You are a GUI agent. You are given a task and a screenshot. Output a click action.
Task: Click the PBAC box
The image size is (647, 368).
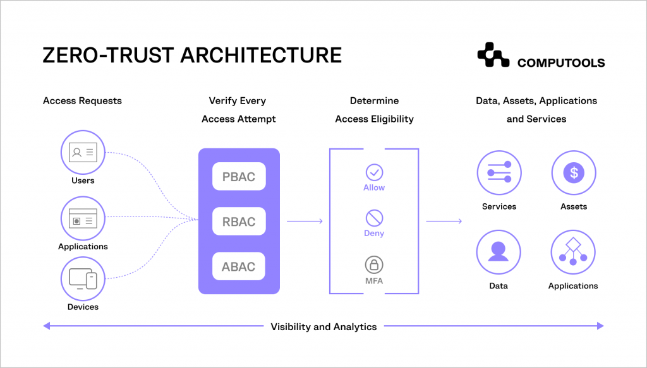pos(239,176)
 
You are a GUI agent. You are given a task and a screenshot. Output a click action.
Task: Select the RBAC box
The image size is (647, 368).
pos(239,222)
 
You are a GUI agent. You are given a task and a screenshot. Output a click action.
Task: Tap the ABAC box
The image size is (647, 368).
pos(239,266)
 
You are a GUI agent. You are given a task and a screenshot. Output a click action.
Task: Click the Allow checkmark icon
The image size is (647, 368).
pos(374,172)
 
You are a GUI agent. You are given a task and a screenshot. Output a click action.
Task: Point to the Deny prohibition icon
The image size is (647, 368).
pos(374,218)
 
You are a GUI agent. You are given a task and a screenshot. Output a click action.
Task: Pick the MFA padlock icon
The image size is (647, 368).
pos(374,264)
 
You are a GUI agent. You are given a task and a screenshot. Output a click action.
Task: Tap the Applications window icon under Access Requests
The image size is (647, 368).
pos(83,218)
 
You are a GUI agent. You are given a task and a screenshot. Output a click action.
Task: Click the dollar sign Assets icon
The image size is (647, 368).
pos(573,173)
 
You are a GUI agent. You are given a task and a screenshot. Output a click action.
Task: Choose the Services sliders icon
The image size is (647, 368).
pos(499,173)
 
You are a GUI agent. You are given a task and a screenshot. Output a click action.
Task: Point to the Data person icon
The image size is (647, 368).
pos(499,251)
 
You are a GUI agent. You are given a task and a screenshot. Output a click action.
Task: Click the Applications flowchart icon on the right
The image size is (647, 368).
pos(573,251)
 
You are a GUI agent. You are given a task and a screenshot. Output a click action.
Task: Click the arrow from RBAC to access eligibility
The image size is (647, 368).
pos(305,221)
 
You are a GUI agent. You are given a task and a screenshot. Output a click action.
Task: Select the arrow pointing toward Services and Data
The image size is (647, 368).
pos(444,221)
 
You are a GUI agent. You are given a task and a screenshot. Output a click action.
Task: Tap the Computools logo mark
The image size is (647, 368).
pos(493,56)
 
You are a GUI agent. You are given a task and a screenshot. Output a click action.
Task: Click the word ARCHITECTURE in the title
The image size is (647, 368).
pos(260,55)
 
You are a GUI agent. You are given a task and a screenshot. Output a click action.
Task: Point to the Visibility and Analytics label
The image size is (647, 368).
pos(323,326)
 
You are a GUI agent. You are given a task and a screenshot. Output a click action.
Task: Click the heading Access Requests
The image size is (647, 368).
pos(82,100)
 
